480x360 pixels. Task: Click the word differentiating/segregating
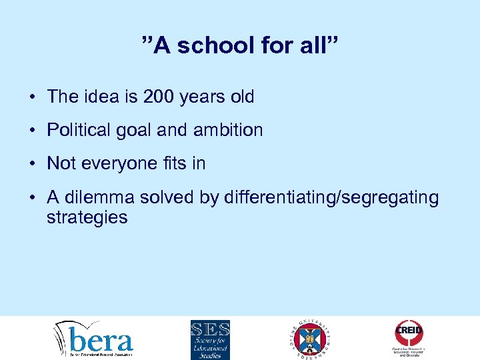click(x=332, y=198)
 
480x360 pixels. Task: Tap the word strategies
click(x=87, y=217)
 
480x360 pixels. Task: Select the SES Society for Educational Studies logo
click(x=210, y=339)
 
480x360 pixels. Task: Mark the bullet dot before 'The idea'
click(x=32, y=97)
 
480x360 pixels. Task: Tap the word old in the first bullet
click(x=241, y=97)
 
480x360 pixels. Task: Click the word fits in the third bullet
click(x=173, y=164)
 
